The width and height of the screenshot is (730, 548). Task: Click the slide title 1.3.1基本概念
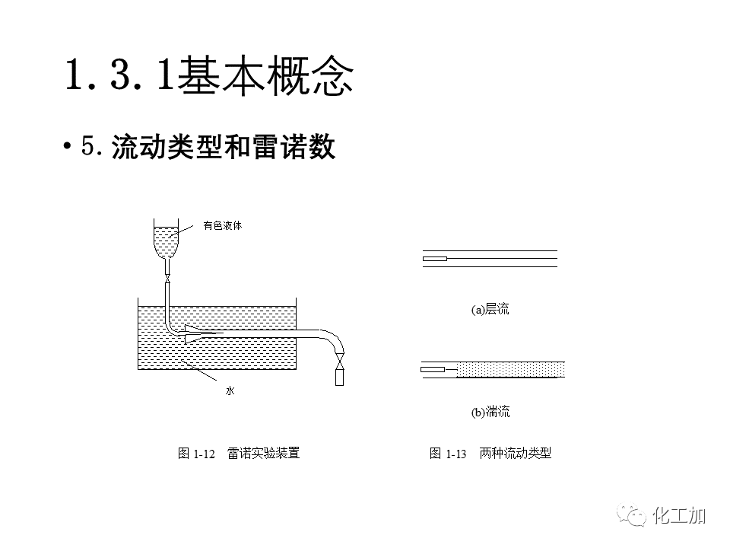[208, 76]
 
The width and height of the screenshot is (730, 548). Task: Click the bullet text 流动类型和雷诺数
[223, 148]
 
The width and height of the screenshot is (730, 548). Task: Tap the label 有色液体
[222, 226]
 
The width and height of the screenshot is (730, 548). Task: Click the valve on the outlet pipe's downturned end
[339, 357]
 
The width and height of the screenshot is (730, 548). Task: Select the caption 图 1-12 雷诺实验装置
[239, 454]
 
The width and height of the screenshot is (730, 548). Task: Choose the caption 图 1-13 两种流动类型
[490, 454]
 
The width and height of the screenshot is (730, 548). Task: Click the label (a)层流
[490, 309]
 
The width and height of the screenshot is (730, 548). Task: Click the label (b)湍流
[490, 413]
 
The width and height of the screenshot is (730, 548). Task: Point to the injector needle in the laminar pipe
[434, 259]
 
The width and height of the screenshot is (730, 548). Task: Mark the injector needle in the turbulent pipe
[434, 370]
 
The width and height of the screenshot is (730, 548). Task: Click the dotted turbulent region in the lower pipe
[509, 370]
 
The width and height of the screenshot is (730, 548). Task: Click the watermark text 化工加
[680, 516]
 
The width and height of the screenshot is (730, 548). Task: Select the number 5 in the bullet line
[88, 148]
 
